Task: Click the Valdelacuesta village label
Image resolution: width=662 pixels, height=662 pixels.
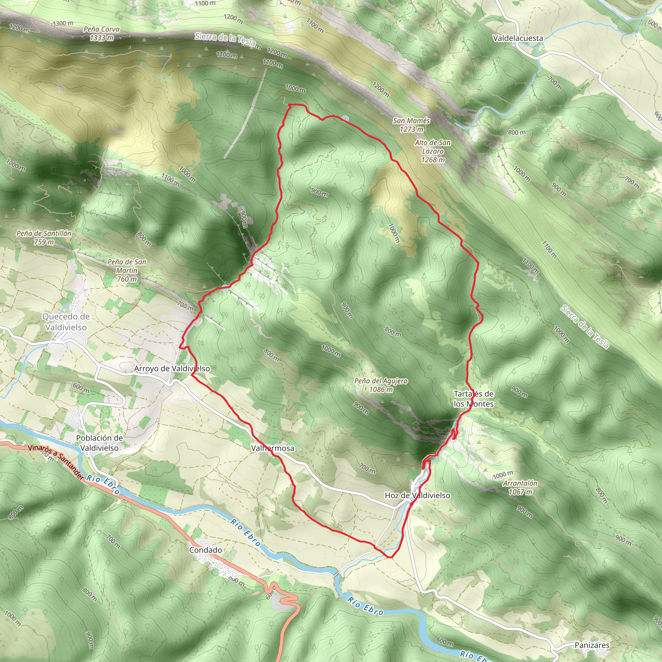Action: (518, 38)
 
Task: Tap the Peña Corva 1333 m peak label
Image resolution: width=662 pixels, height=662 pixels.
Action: (101, 34)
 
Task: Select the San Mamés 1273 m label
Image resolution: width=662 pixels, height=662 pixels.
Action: (411, 125)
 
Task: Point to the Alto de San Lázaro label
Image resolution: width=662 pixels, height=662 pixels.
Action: (433, 151)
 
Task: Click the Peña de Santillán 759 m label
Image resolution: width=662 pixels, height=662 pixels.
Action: (44, 238)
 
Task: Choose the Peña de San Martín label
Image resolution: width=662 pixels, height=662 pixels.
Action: (127, 270)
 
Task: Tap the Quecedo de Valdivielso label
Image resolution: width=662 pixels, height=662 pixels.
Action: (66, 322)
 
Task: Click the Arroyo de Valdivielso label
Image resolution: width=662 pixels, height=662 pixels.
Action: (172, 368)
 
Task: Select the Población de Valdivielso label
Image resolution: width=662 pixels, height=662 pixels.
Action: (99, 443)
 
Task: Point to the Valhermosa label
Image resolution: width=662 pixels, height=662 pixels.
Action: (272, 448)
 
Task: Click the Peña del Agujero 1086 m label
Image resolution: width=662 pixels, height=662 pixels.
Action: (381, 385)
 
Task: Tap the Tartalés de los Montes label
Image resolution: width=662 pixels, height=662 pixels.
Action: (474, 399)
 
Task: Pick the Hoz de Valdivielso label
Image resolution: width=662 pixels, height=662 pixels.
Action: (417, 495)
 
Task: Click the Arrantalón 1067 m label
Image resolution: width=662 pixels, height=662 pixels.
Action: (520, 487)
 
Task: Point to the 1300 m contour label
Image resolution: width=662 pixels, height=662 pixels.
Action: (63, 23)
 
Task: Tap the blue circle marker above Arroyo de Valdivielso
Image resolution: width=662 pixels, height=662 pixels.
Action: (225, 288)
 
